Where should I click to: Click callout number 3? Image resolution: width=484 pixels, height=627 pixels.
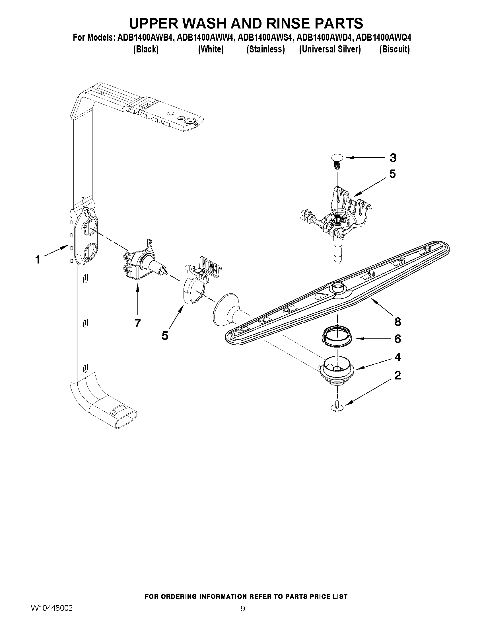(393, 158)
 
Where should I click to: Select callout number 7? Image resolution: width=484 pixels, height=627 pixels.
(138, 323)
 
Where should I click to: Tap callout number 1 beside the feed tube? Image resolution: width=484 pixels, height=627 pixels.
(37, 260)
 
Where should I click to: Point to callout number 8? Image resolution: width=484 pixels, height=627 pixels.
(398, 322)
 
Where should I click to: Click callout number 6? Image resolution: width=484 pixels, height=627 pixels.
(398, 339)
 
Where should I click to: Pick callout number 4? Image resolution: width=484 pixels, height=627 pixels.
(398, 357)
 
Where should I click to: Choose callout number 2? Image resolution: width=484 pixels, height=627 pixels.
(398, 375)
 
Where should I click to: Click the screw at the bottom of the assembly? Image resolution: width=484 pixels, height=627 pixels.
(337, 406)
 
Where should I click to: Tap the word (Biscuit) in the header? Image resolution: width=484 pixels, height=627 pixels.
(394, 49)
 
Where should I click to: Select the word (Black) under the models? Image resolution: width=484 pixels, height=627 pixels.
(146, 49)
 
